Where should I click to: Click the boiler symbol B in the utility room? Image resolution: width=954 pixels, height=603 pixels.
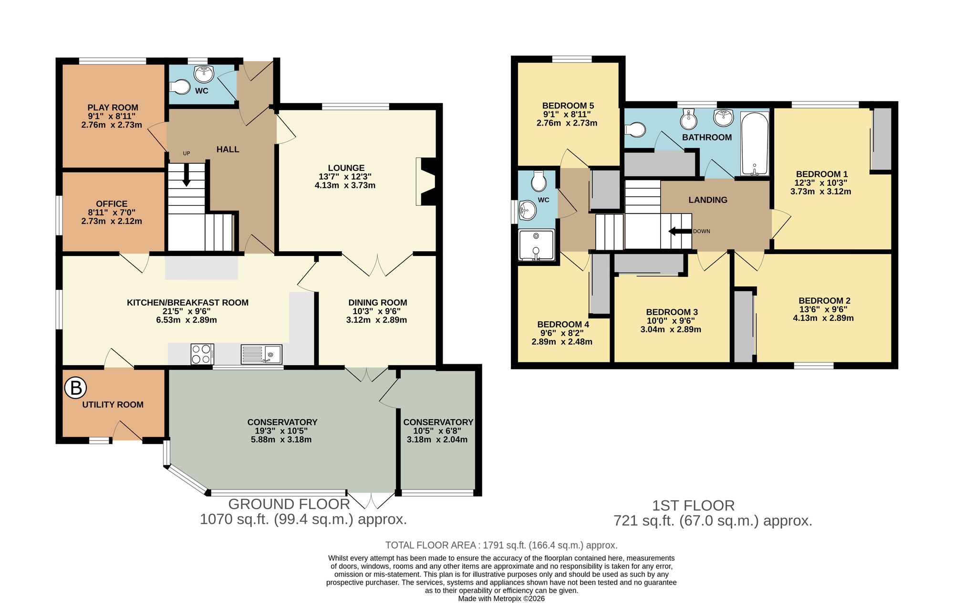(x=76, y=388)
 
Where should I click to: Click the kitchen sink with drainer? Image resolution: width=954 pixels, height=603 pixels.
(x=261, y=354)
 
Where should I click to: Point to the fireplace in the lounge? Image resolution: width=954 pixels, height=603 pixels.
(x=425, y=181)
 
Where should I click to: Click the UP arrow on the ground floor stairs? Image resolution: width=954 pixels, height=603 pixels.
(x=186, y=175)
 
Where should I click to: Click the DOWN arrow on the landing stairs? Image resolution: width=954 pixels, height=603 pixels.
(x=679, y=231)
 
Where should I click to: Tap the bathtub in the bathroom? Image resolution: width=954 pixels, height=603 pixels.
(x=754, y=143)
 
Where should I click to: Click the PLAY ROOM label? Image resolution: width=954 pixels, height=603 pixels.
(x=113, y=108)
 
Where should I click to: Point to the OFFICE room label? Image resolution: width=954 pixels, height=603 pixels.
(x=112, y=204)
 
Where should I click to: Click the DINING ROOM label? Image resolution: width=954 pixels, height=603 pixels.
(x=377, y=303)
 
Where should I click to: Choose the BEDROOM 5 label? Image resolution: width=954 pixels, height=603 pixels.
(x=568, y=106)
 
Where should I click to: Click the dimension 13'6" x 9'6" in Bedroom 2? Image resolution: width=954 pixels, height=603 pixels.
(x=824, y=309)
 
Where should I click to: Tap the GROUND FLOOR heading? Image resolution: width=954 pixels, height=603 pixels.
(x=289, y=504)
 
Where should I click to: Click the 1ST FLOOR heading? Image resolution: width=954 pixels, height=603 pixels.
(x=693, y=506)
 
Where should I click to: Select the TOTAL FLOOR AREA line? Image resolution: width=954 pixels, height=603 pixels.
(x=501, y=545)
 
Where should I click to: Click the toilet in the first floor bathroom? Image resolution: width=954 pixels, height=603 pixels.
(x=636, y=129)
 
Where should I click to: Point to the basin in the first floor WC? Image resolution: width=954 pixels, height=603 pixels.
(x=527, y=209)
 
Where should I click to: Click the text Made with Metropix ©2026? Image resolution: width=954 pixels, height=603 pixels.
(x=501, y=599)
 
